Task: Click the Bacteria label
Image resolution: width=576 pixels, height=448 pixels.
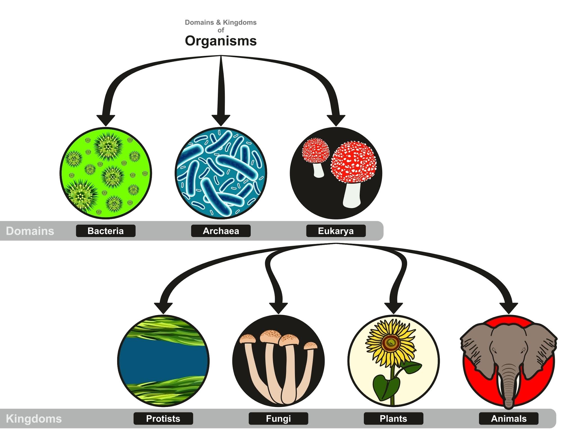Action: tap(105, 231)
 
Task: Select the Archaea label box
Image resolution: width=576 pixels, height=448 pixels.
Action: tap(221, 231)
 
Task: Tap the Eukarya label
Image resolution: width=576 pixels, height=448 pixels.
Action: tap(336, 231)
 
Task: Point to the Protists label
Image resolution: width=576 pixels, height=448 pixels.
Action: tap(163, 418)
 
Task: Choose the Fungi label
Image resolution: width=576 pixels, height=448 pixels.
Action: tap(278, 418)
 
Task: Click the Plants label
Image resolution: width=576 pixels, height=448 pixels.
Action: tap(393, 418)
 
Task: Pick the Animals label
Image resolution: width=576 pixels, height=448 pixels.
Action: tap(508, 418)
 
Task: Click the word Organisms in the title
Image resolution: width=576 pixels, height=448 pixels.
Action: tap(221, 41)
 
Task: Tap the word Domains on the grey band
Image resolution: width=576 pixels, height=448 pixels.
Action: tap(30, 231)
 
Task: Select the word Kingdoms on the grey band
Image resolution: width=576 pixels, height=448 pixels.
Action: tap(34, 419)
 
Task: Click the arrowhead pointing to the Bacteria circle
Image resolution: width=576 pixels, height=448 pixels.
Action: tap(105, 120)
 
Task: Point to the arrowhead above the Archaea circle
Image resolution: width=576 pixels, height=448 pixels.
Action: tap(221, 120)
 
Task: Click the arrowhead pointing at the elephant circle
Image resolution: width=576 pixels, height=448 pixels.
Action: tap(508, 308)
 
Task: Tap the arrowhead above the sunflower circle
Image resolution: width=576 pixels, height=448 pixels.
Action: tap(393, 308)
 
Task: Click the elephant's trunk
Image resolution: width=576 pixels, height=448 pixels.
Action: tap(508, 388)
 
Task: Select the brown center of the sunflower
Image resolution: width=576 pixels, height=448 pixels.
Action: tap(390, 342)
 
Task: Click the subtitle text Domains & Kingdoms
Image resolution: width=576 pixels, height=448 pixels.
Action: tap(221, 22)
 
